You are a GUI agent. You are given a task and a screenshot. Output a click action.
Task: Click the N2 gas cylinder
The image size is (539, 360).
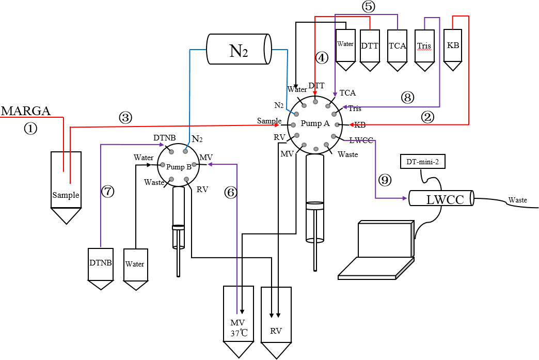239,49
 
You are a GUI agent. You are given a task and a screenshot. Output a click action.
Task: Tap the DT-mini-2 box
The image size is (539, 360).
423,162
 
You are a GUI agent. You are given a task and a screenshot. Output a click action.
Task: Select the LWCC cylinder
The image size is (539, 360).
442,198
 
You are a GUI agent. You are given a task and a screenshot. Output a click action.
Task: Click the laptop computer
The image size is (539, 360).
376,250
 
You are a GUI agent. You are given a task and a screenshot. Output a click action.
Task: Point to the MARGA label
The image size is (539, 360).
26,111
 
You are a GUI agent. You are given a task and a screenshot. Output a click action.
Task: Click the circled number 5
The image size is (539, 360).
369,7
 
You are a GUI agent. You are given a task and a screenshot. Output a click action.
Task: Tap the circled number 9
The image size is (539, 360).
385,180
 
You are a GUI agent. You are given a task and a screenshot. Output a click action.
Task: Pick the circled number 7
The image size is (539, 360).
107,191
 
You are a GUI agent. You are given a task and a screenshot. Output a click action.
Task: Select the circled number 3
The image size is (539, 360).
125,118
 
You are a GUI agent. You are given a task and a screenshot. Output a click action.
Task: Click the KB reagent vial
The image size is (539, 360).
453,50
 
